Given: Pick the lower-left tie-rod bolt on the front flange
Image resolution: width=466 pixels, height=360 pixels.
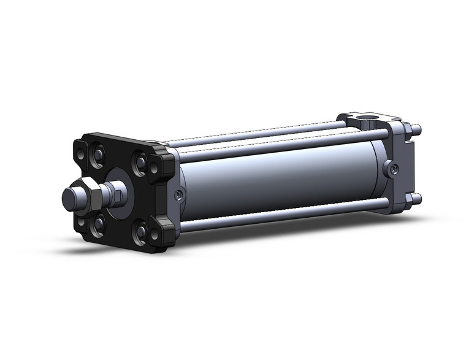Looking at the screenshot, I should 98,224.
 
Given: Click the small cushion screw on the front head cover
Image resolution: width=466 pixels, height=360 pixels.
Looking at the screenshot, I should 178,195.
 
